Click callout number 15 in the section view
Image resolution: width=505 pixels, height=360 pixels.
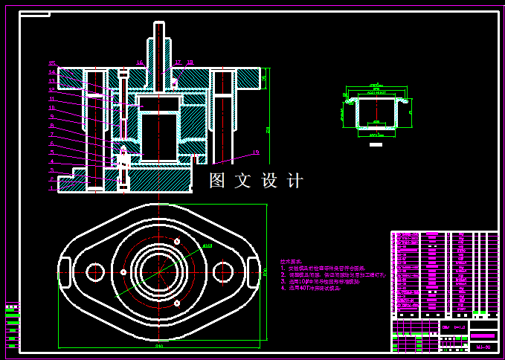pos(51,63)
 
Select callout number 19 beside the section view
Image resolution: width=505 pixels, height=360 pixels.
pos(257,152)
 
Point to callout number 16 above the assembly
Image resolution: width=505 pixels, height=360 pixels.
pos(139,63)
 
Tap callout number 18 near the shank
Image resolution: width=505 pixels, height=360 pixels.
pos(190,63)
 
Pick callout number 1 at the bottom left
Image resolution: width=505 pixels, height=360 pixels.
pos(51,188)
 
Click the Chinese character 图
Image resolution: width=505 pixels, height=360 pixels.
pos(217,181)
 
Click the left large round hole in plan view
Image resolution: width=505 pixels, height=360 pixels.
pos(94,272)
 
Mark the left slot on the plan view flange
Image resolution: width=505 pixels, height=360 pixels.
pos(64,266)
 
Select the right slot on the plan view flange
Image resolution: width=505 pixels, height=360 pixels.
pos(254,266)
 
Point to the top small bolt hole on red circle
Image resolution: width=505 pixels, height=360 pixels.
pos(177,242)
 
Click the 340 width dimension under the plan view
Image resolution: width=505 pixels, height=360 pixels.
pos(158,347)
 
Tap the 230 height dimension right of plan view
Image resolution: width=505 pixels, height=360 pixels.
pos(265,272)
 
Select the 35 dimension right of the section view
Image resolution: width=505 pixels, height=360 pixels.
pos(264,77)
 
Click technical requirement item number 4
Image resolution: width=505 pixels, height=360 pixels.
pos(283,288)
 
